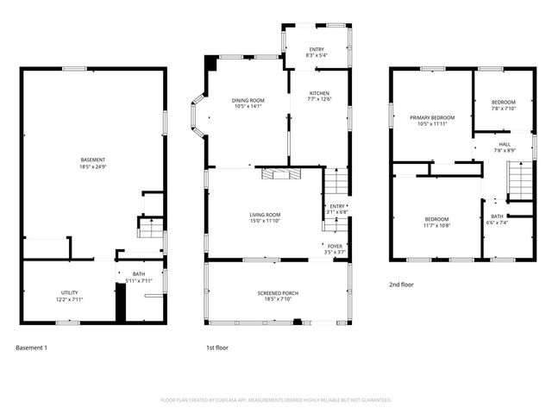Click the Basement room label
(93, 162)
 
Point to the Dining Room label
(248, 103)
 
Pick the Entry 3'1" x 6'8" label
(336, 210)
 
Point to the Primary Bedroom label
(432, 120)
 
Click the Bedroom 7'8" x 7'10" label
(503, 105)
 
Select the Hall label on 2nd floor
(504, 147)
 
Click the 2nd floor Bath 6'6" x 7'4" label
(498, 219)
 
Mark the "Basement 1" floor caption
(32, 348)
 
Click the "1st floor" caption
(216, 348)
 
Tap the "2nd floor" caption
(401, 284)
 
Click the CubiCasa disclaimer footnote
(276, 400)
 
